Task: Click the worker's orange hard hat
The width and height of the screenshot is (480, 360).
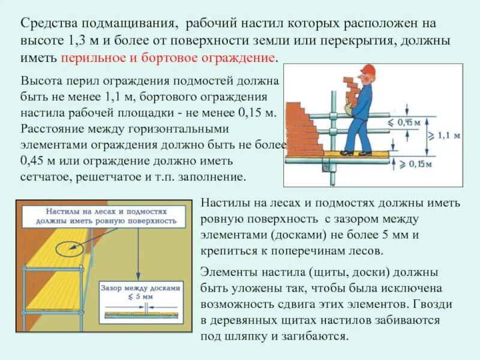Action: click(x=367, y=70)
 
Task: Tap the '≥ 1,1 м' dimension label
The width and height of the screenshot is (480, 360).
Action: click(x=444, y=136)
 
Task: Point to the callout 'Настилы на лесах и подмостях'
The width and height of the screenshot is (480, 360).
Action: click(x=101, y=215)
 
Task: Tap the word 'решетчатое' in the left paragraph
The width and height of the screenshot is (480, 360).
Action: click(x=109, y=178)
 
